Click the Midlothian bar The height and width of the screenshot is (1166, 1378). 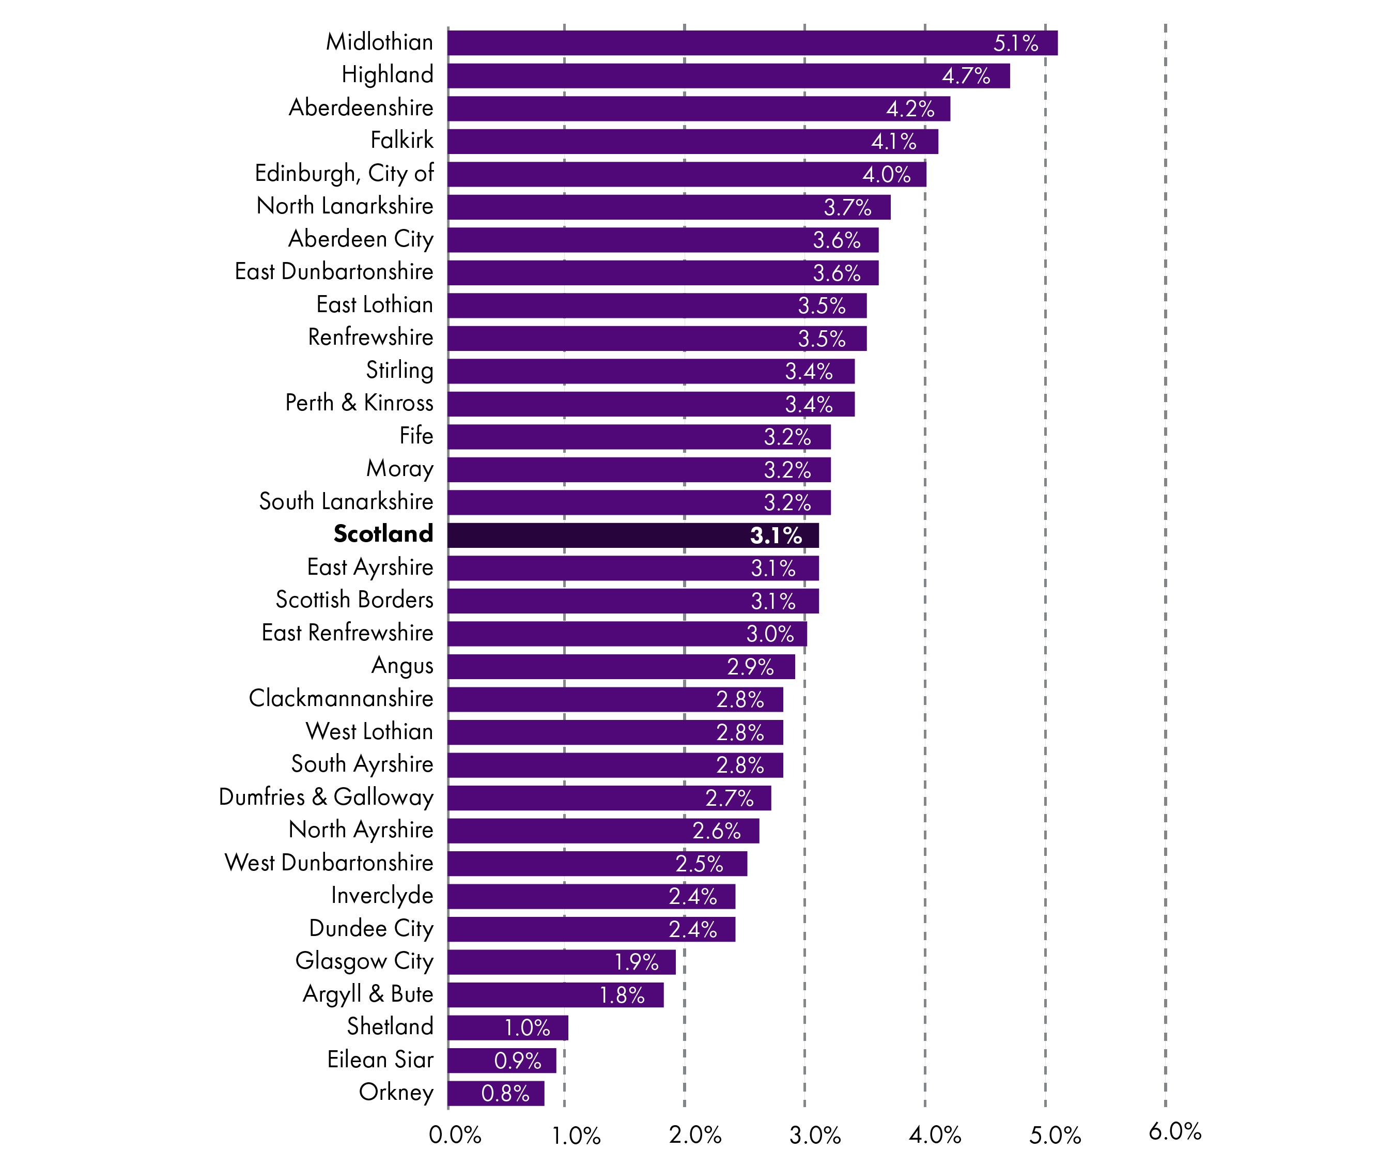752,43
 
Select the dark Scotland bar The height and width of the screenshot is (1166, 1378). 632,535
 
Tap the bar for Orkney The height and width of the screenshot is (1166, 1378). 496,1093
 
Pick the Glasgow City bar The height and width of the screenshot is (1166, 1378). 561,962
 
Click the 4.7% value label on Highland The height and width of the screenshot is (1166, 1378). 966,76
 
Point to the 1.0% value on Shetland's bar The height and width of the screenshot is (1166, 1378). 527,1028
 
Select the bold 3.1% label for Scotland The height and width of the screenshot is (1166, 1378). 776,535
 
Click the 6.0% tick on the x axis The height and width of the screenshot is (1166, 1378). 1174,1131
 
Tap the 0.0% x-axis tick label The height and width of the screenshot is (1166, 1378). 455,1135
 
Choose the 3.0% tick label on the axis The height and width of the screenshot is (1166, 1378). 815,1135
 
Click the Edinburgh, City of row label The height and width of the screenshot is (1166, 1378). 344,174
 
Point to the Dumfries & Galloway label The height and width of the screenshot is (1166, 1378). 326,797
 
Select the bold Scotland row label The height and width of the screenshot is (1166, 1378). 383,534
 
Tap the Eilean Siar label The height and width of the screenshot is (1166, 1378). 380,1060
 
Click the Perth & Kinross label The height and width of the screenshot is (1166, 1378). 359,403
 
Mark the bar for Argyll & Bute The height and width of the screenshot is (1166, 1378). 555,995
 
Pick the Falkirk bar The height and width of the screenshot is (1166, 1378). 693,142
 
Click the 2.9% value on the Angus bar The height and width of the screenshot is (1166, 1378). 750,667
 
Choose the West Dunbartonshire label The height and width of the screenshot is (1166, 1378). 329,863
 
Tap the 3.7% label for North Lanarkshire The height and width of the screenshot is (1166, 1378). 847,208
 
